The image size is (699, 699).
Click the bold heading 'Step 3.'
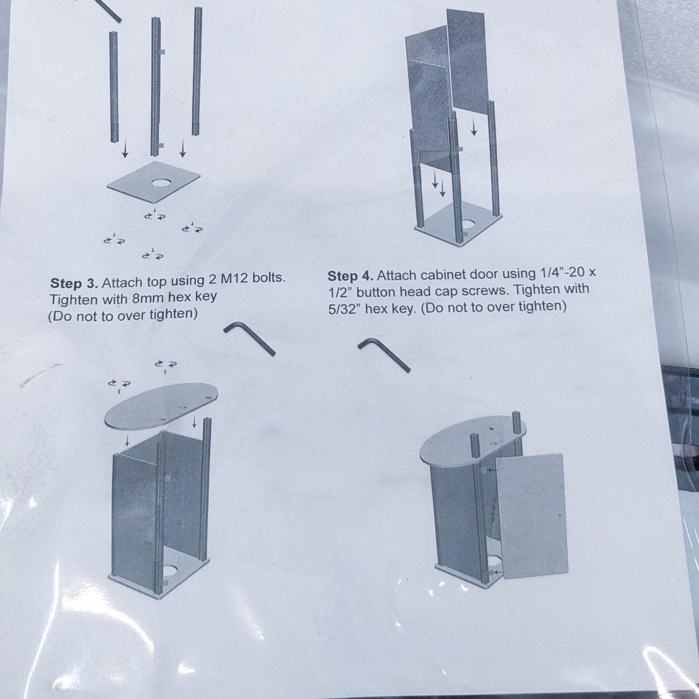click(x=74, y=283)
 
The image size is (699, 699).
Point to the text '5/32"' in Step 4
click(x=344, y=310)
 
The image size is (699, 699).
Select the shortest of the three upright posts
click(x=114, y=87)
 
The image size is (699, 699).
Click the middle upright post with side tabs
click(x=156, y=87)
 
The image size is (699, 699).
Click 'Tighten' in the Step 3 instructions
click(x=69, y=300)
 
